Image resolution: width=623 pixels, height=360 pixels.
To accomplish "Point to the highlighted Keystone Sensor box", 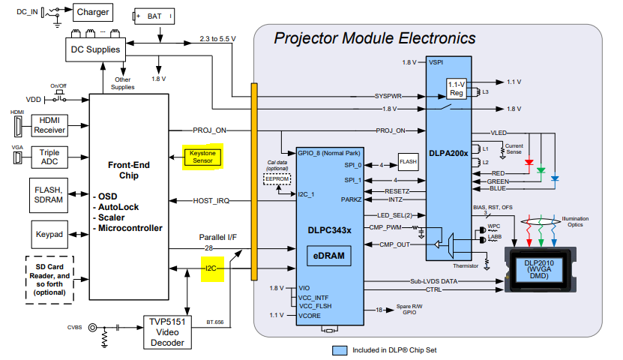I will pos(202,157).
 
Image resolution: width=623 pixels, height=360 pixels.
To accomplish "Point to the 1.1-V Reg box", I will pos(457,88).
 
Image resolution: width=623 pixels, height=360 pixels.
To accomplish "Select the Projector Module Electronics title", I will pos(374,38).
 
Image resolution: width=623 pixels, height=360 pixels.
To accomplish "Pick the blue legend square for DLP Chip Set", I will pos(339,349).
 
